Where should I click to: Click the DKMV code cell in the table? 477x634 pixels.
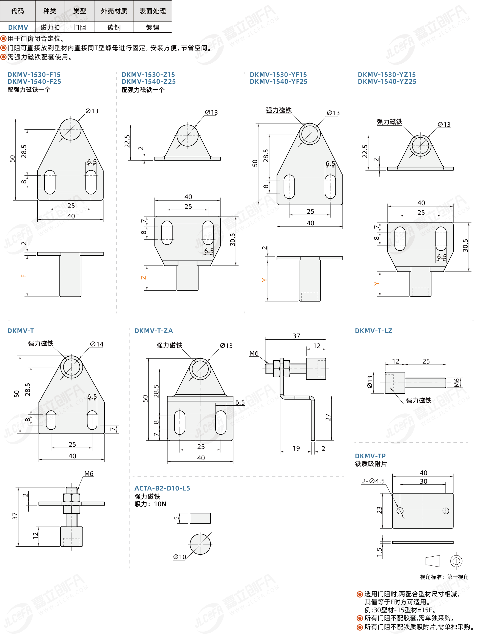pyautogui.click(x=18, y=28)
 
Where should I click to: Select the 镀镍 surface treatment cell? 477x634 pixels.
pyautogui.click(x=153, y=28)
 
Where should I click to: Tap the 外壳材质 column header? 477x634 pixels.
pyautogui.click(x=114, y=11)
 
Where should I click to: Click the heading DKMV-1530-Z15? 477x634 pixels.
pyautogui.click(x=148, y=75)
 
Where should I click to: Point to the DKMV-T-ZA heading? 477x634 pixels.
pyautogui.click(x=154, y=331)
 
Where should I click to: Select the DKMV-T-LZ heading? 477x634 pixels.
pyautogui.click(x=373, y=331)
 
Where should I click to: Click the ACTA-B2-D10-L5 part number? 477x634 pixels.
pyautogui.click(x=162, y=488)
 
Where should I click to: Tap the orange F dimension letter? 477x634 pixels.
pyautogui.click(x=24, y=276)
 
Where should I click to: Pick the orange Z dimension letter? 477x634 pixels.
pyautogui.click(x=144, y=277)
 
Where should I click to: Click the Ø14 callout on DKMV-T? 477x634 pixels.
pyautogui.click(x=97, y=344)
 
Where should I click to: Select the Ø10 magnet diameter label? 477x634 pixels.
pyautogui.click(x=180, y=557)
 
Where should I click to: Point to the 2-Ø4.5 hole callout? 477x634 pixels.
pyautogui.click(x=373, y=481)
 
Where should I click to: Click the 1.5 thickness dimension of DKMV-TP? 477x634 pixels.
pyautogui.click(x=379, y=552)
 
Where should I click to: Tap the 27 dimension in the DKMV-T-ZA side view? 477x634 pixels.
pyautogui.click(x=328, y=418)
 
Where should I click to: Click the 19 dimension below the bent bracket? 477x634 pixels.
pyautogui.click(x=296, y=448)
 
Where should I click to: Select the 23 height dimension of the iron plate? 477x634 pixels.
pyautogui.click(x=379, y=510)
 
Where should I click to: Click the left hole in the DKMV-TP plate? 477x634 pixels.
pyautogui.click(x=400, y=511)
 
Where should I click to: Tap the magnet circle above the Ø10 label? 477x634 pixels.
pyautogui.click(x=200, y=544)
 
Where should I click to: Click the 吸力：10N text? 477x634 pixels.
pyautogui.click(x=150, y=504)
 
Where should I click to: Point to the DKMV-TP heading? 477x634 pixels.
pyautogui.click(x=370, y=456)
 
